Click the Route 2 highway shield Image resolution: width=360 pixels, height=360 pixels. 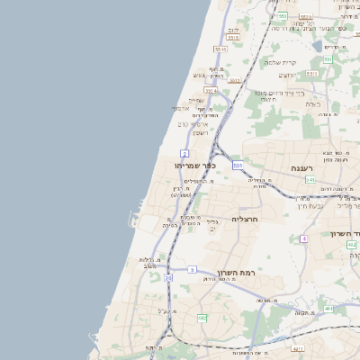click(184, 154)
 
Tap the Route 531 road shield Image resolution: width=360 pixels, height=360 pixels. click(237, 166)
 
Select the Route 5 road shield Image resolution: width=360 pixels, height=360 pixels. click(192, 268)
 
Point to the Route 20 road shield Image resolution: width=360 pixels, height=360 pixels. click(168, 278)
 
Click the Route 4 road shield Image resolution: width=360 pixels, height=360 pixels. click(304, 238)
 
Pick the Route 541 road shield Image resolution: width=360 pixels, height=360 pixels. click(310, 180)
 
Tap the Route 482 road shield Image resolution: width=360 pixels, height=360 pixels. click(202, 318)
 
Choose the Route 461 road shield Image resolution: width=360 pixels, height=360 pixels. click(329, 309)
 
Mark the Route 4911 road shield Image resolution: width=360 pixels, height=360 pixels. click(298, 346)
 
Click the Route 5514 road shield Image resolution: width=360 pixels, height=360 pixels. click(211, 90)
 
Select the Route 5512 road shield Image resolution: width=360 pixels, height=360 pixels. click(235, 80)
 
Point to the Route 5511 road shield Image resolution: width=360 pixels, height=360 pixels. click(312, 73)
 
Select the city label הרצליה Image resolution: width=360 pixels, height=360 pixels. click(245, 219)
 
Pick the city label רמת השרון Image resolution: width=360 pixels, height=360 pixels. click(238, 271)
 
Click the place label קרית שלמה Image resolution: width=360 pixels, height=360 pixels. click(281, 62)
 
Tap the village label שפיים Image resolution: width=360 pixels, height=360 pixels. click(196, 100)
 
